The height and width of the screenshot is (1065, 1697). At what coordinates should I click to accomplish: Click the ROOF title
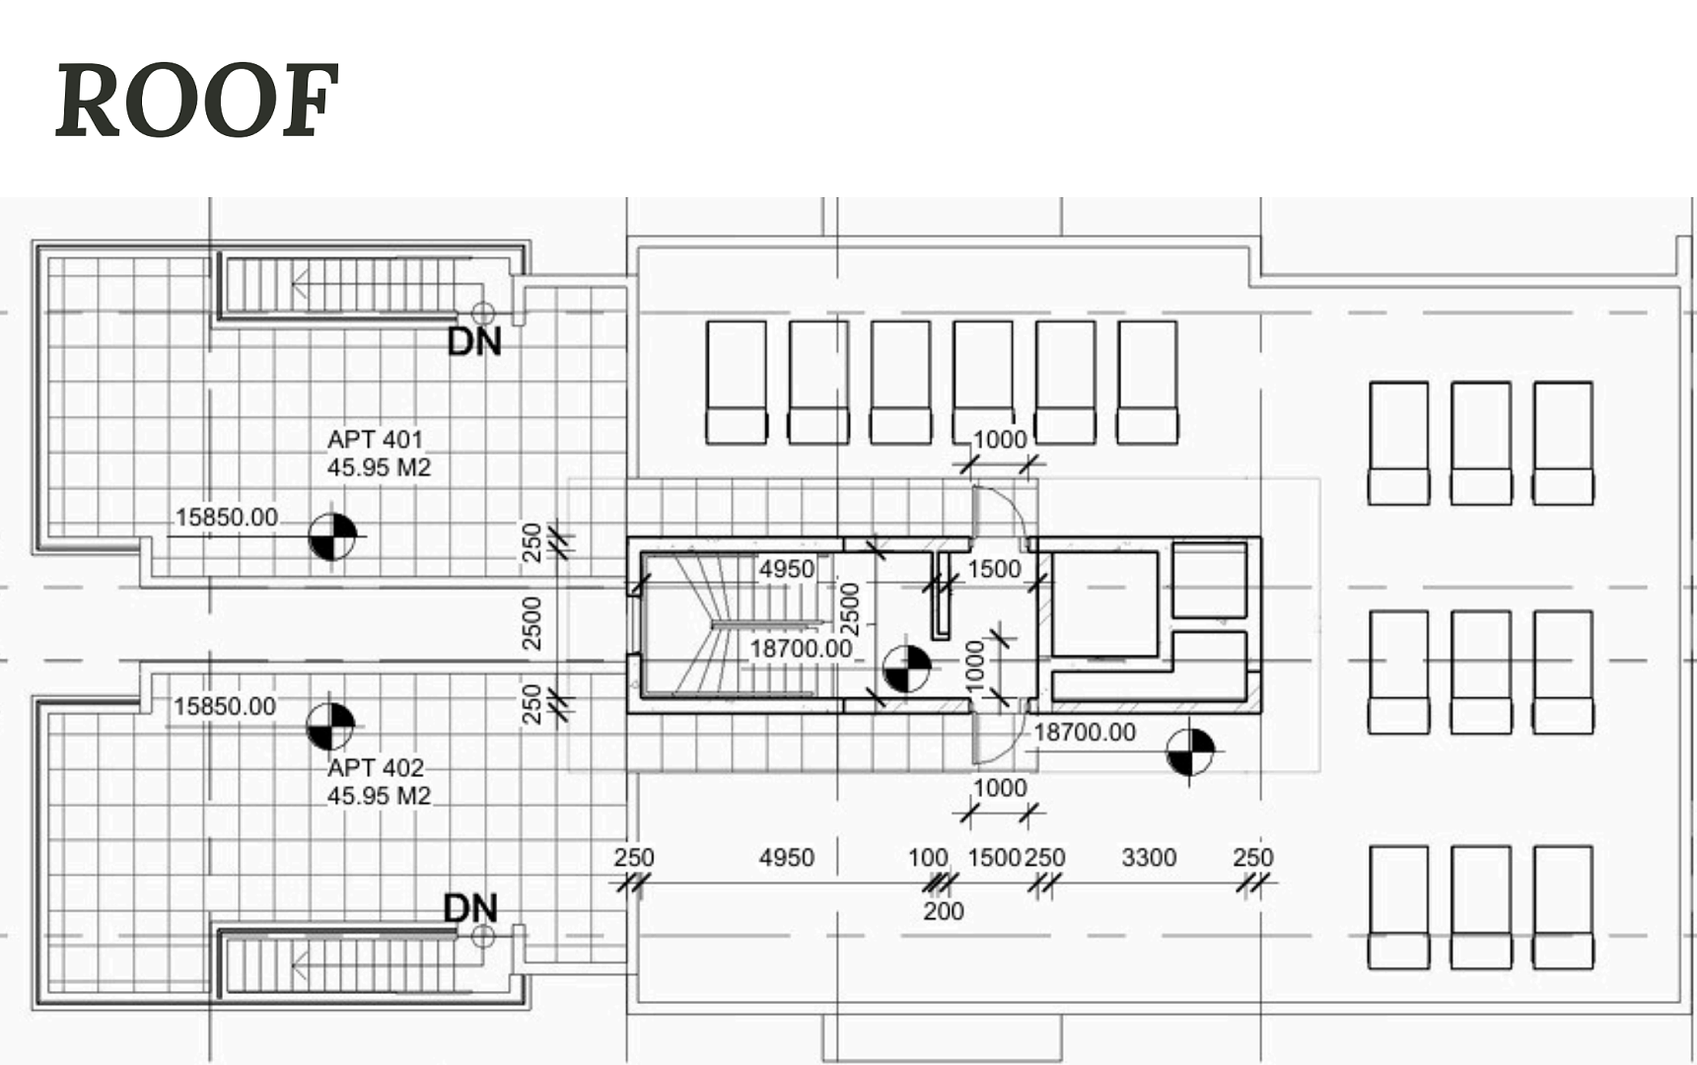coord(197,100)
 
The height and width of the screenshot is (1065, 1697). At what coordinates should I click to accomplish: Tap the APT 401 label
coord(375,439)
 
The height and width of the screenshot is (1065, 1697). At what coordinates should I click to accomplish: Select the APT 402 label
coord(376,767)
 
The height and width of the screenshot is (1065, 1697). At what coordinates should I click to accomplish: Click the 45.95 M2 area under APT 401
coord(379,467)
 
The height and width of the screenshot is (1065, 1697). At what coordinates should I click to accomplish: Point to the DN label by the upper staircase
coord(474,342)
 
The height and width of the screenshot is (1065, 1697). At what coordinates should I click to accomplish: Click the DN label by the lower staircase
coord(470,908)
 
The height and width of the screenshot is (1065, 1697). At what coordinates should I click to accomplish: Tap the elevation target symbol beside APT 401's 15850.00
coord(332,537)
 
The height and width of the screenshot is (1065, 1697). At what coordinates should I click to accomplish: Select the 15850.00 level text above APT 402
coord(225,706)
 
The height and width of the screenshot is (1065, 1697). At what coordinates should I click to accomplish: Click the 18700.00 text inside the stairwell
coord(801,649)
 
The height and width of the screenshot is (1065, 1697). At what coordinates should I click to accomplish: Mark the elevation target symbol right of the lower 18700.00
coord(1190,752)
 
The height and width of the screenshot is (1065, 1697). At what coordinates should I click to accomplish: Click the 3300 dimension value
coord(1149,858)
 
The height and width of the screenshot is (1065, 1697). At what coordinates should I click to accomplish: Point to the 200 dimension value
coord(944,911)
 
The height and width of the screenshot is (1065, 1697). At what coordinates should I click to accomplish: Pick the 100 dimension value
coord(928,858)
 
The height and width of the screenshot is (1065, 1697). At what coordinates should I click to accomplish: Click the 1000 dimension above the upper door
coord(1000,440)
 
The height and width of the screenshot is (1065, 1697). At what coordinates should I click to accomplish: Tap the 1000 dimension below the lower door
coord(1000,788)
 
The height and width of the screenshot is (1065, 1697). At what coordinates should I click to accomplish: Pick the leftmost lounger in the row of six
coord(737,382)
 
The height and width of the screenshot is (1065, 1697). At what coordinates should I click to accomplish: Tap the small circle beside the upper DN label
coord(482,315)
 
